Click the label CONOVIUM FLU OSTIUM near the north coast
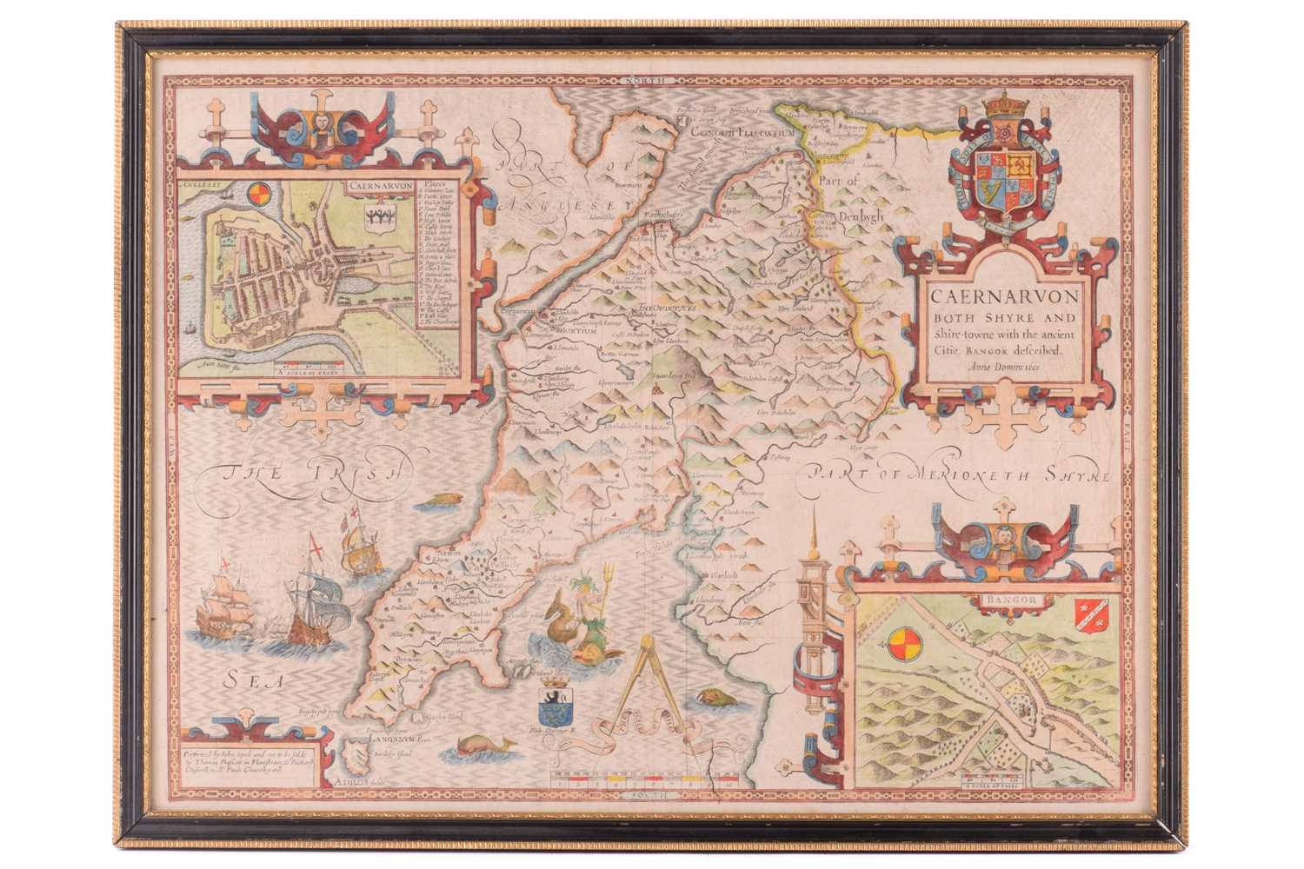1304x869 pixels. (730, 133)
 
